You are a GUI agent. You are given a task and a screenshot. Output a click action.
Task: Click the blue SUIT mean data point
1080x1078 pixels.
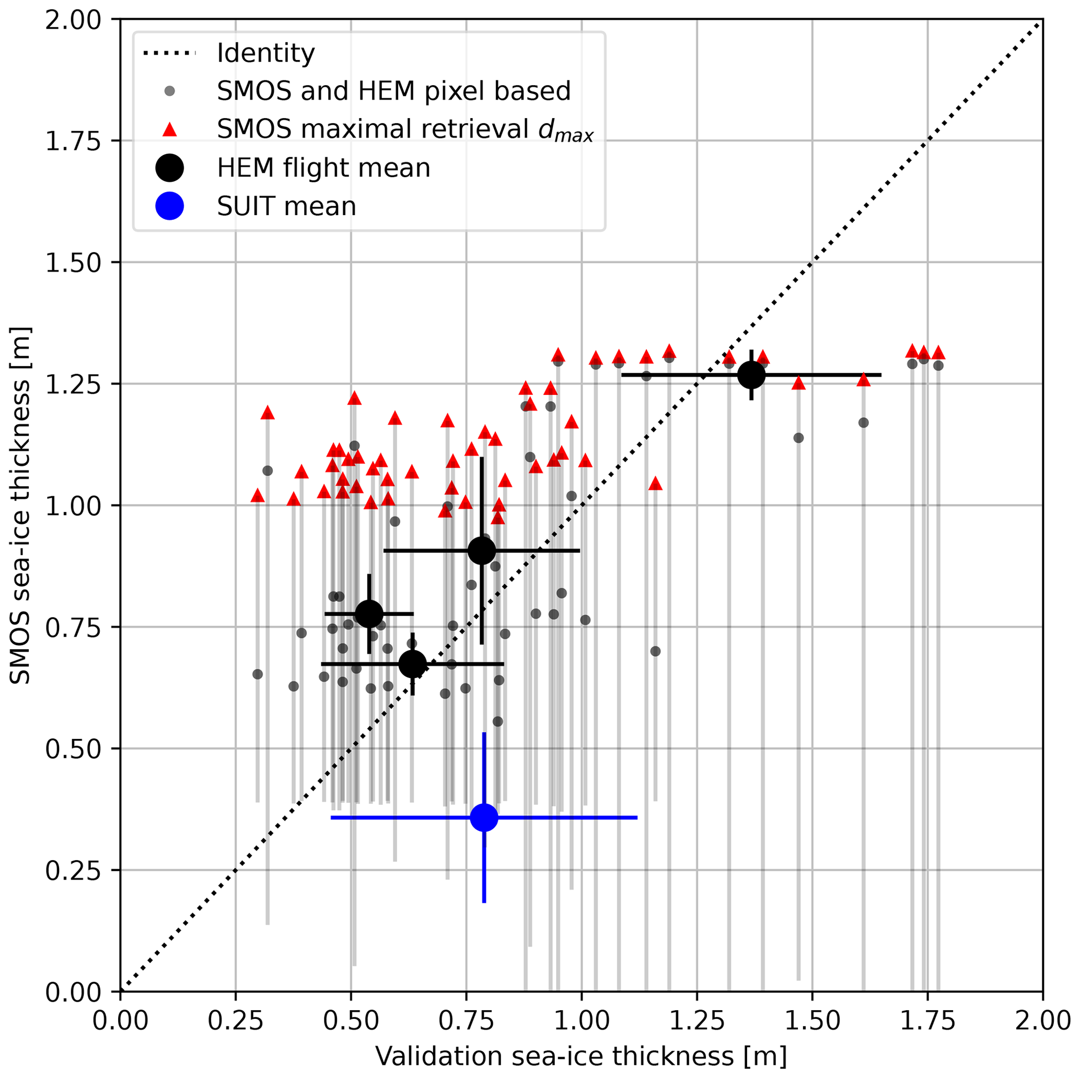click(484, 817)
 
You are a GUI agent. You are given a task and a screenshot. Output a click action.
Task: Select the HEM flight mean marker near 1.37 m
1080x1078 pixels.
click(751, 375)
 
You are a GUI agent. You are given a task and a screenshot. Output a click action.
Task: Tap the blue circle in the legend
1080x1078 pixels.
click(169, 206)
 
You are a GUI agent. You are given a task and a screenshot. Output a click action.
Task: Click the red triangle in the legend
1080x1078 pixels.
click(169, 130)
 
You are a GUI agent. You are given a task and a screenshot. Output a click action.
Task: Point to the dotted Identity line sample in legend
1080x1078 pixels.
click(169, 54)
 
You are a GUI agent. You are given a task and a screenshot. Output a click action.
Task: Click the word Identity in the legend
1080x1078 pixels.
click(265, 54)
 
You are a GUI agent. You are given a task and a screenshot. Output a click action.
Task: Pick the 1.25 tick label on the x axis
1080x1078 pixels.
click(697, 1021)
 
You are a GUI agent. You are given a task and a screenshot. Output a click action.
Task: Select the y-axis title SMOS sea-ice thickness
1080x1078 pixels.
click(21, 506)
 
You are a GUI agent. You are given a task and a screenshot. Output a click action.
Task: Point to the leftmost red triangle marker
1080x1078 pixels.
click(258, 496)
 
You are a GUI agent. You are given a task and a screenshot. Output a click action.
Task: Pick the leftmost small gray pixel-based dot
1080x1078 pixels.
click(258, 674)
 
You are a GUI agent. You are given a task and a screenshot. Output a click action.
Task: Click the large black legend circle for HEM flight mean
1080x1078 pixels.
click(169, 168)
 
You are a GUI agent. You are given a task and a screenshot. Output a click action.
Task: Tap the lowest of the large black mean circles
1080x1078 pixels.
click(413, 664)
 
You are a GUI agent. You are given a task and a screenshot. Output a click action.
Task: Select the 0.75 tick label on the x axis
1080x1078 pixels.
click(466, 1021)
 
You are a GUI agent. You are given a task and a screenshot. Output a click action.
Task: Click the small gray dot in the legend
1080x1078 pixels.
click(169, 91)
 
